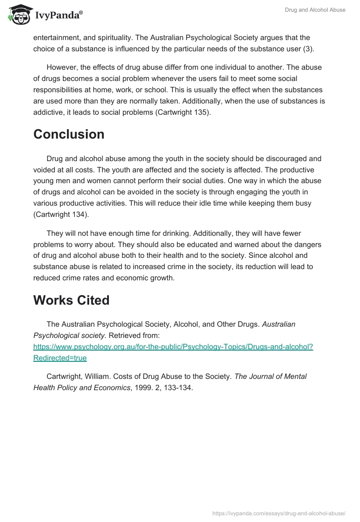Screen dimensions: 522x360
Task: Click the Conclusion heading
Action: tap(69, 134)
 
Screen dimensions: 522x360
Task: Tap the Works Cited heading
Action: tap(71, 300)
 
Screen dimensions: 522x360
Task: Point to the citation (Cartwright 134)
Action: tap(61, 214)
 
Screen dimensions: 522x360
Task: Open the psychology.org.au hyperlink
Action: tap(173, 347)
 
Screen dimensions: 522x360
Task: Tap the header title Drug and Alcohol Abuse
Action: tap(315, 10)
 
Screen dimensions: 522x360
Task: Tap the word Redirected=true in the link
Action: tap(60, 358)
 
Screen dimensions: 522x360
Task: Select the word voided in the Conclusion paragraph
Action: tap(45, 170)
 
